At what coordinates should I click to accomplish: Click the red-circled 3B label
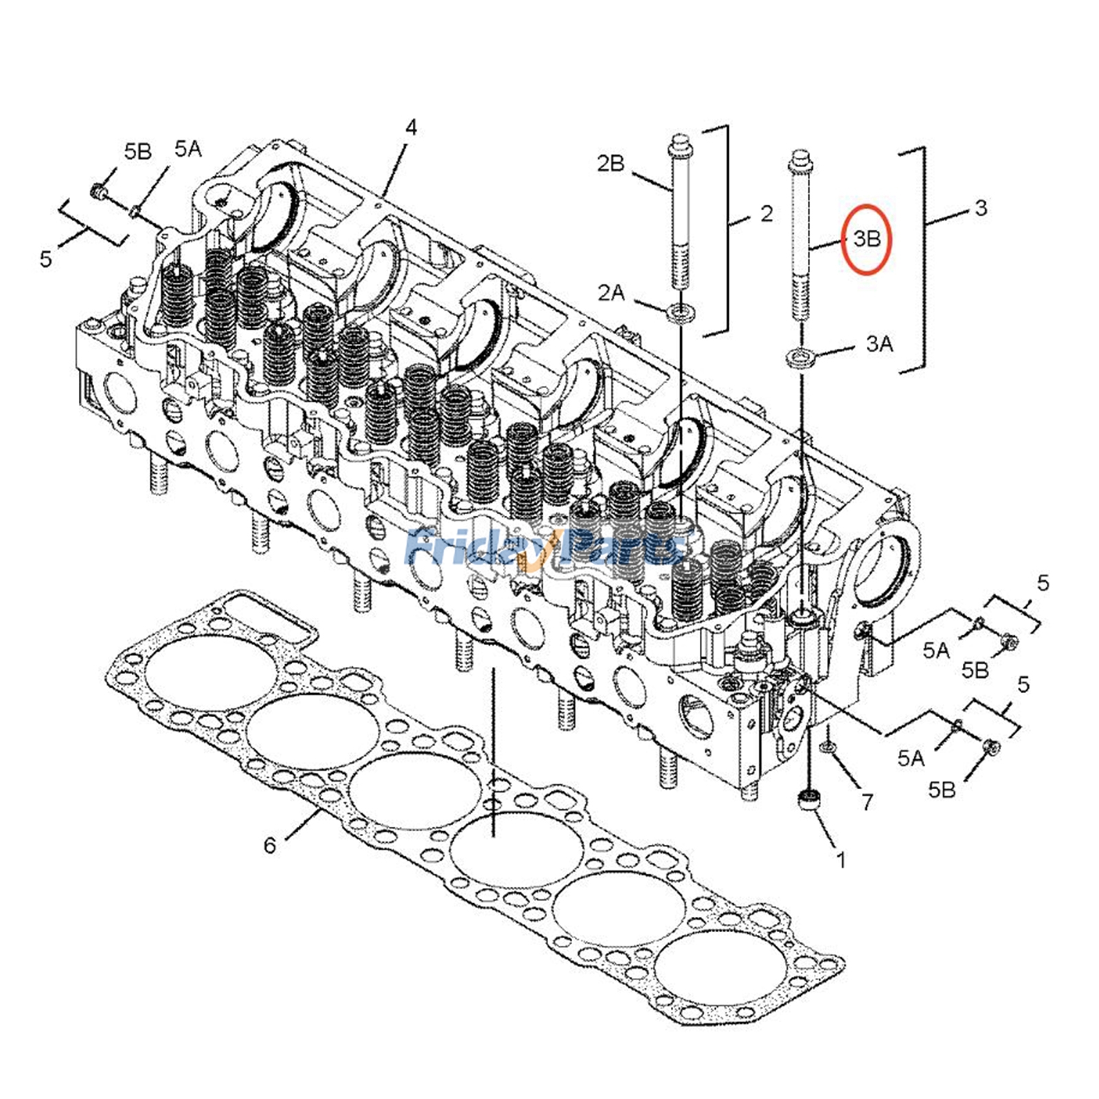[x=866, y=239]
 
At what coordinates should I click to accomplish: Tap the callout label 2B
[x=610, y=163]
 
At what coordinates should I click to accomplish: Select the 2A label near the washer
[x=611, y=293]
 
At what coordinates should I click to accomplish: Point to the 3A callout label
[x=879, y=343]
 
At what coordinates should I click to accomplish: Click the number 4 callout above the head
[x=411, y=128]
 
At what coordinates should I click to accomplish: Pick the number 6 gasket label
[x=270, y=845]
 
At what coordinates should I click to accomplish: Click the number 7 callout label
[x=867, y=802]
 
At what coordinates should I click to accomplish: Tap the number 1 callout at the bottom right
[x=841, y=859]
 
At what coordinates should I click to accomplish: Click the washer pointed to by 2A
[x=681, y=315]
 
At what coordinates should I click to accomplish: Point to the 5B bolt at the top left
[x=98, y=192]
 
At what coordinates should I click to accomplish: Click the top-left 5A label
[x=188, y=148]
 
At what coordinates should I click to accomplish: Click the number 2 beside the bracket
[x=767, y=214]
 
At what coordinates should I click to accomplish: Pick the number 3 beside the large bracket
[x=981, y=207]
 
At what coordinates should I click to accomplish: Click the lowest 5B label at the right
[x=942, y=790]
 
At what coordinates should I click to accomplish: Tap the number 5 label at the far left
[x=46, y=259]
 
